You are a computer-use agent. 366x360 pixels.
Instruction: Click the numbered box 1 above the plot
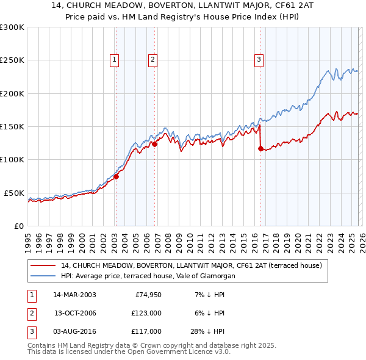click(x=115, y=59)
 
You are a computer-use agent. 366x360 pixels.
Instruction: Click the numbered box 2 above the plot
click(x=152, y=59)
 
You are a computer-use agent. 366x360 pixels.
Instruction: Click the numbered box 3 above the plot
click(x=259, y=59)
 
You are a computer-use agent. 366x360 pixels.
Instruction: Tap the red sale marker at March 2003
click(x=115, y=176)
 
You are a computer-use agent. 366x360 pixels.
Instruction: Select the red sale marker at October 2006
click(x=155, y=145)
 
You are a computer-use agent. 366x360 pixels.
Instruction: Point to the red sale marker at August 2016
click(x=261, y=148)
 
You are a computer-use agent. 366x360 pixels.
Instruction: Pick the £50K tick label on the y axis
click(x=14, y=193)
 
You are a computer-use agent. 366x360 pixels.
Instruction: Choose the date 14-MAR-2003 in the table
click(x=74, y=295)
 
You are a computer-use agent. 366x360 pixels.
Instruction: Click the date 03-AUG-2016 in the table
click(x=74, y=331)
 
